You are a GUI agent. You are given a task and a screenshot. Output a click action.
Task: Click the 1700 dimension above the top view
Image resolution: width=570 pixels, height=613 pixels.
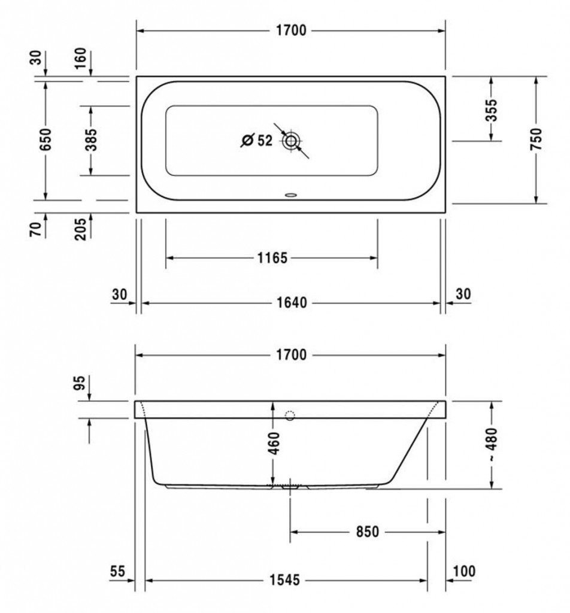(291, 31)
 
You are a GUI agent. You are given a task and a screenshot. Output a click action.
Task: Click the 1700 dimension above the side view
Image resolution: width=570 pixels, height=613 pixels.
(291, 355)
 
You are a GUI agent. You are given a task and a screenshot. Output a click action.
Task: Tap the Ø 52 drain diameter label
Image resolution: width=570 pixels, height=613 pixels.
(256, 140)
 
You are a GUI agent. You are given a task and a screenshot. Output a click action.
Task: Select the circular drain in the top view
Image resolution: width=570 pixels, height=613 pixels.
(290, 141)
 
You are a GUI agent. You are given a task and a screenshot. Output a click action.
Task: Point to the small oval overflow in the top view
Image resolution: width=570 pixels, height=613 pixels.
(291, 195)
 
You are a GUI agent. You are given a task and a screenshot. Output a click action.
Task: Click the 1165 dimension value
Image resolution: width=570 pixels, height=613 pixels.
(272, 258)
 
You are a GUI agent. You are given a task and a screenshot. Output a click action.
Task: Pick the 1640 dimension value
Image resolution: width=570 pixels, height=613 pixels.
(292, 302)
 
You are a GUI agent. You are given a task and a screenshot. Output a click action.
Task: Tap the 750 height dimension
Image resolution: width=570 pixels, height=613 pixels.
(536, 139)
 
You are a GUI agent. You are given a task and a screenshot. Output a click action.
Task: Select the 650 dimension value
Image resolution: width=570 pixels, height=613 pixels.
(46, 139)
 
